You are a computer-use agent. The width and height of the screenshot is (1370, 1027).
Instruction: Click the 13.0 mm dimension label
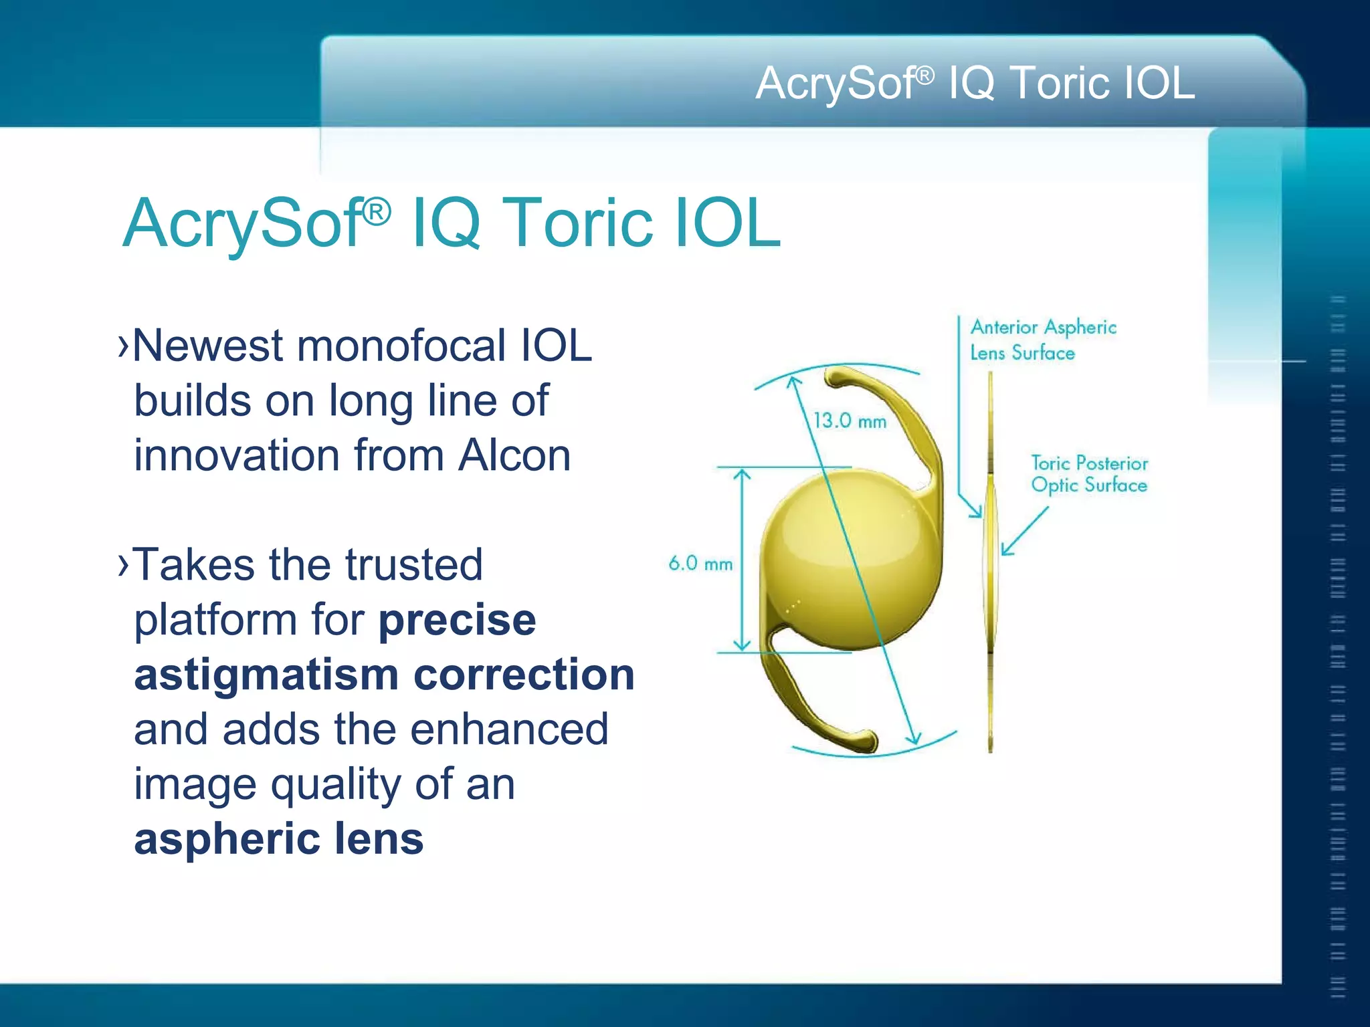click(x=850, y=421)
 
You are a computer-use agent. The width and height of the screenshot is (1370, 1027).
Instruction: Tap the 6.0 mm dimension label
click(x=700, y=564)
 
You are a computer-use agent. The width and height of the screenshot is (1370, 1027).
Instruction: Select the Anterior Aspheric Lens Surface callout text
click(x=1043, y=340)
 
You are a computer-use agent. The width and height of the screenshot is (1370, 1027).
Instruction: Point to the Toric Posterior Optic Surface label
click(x=1089, y=474)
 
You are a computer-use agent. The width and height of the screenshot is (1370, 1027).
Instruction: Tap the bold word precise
click(x=457, y=620)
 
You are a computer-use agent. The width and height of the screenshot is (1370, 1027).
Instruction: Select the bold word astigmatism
click(x=266, y=675)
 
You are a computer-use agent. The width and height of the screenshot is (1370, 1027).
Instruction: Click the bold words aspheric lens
click(x=278, y=839)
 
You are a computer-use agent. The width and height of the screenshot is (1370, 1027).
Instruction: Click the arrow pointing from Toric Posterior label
click(x=1023, y=532)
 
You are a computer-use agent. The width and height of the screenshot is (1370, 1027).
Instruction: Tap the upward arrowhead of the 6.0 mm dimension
click(x=742, y=474)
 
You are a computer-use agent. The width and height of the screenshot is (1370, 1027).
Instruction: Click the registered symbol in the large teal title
click(x=377, y=213)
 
